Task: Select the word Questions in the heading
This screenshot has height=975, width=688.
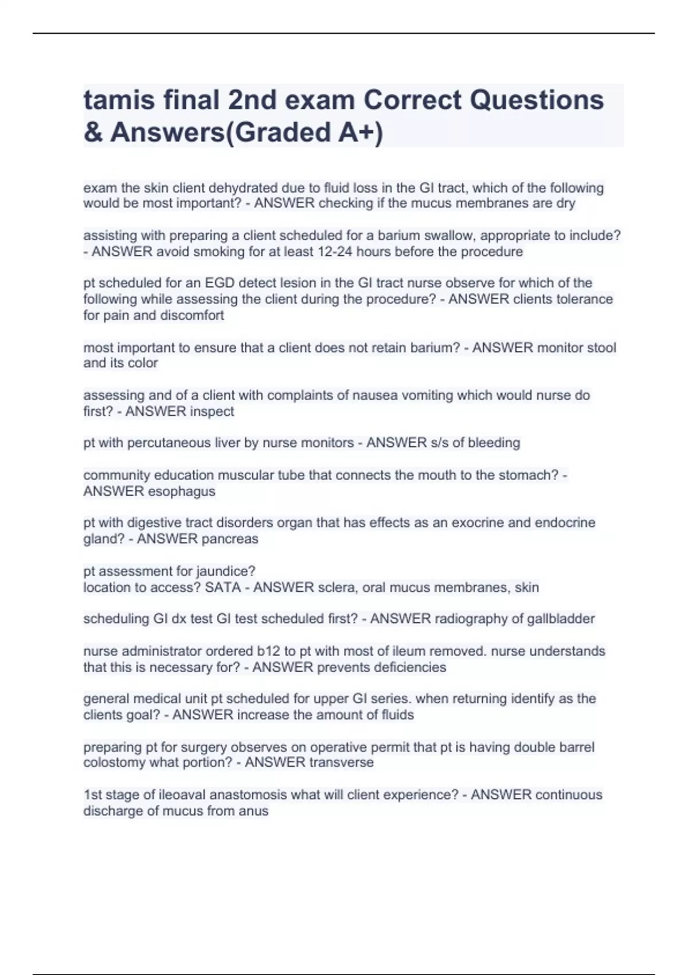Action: (537, 100)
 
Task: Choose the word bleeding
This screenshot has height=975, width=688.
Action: (494, 443)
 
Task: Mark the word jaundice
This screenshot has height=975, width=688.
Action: (226, 571)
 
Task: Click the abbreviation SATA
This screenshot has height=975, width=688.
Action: (222, 587)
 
